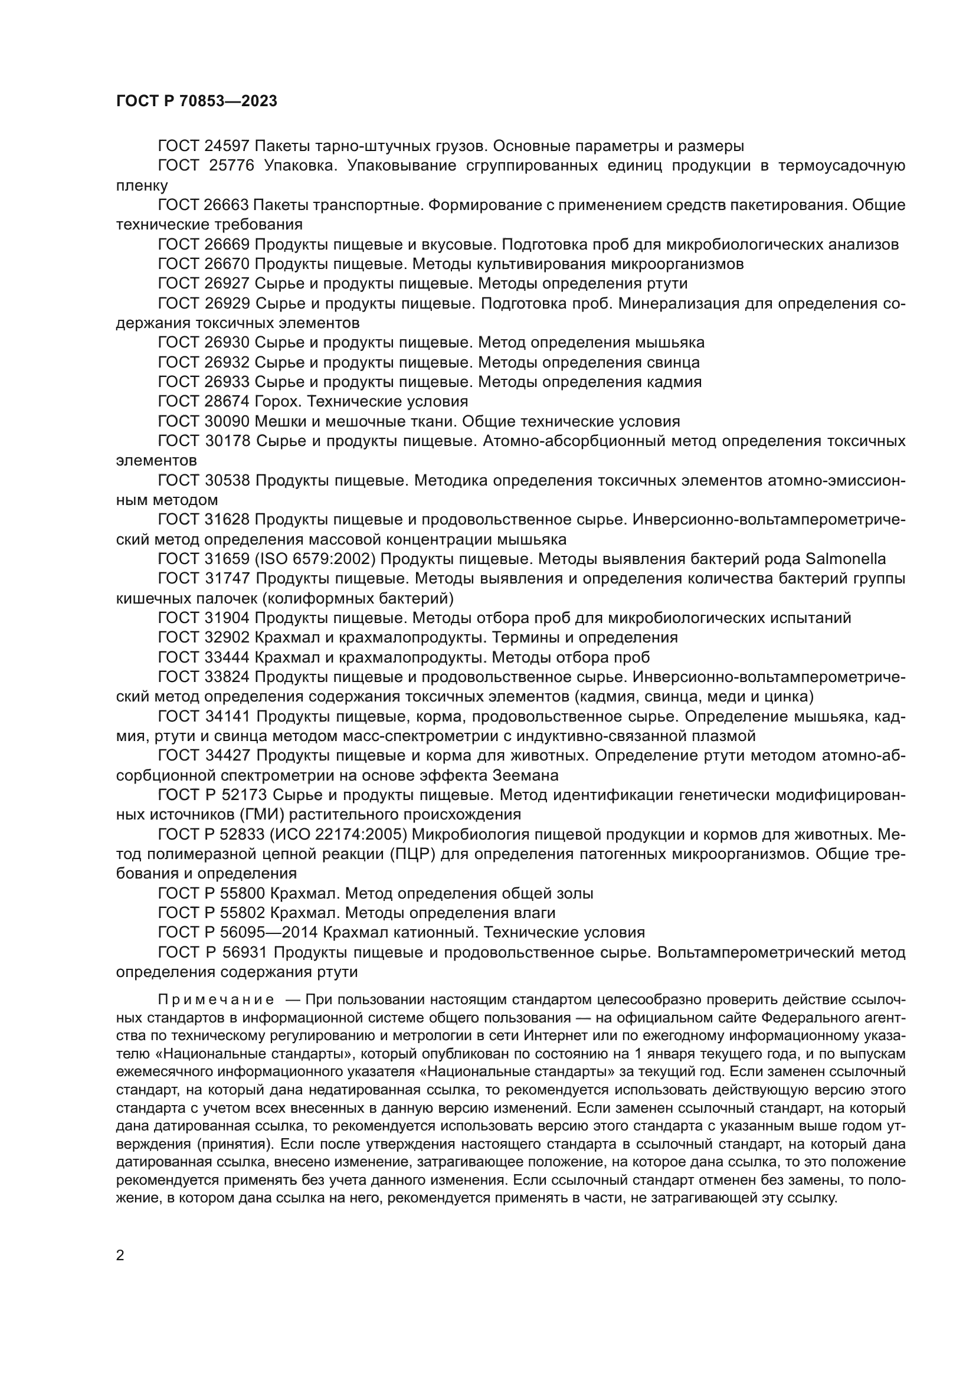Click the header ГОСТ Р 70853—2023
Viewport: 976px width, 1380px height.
coord(196,101)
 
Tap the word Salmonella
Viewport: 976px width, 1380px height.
coord(845,559)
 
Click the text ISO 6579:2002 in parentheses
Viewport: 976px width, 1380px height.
coord(316,559)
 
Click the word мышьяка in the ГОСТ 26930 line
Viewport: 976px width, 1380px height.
coord(667,343)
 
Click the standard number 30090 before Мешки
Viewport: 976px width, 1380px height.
coord(227,421)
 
